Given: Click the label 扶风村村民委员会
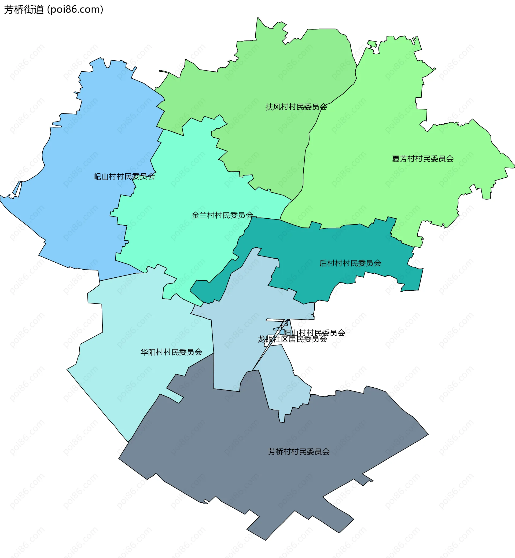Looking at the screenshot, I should [x=296, y=107].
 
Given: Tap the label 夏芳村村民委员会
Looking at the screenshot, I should [x=422, y=159].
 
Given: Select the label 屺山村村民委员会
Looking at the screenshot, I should [x=124, y=177].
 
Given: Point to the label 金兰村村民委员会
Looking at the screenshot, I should [x=222, y=215].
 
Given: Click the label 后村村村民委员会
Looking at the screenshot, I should [x=350, y=263].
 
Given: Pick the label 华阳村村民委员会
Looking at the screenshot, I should [x=171, y=352].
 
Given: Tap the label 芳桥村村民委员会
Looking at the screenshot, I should [x=299, y=452].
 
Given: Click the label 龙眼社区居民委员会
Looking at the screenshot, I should [x=292, y=339].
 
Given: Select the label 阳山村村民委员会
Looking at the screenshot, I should [x=314, y=333].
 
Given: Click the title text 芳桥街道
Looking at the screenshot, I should [x=24, y=10].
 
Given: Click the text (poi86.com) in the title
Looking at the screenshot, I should [x=75, y=10].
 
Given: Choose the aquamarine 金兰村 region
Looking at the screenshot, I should [x=181, y=181].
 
